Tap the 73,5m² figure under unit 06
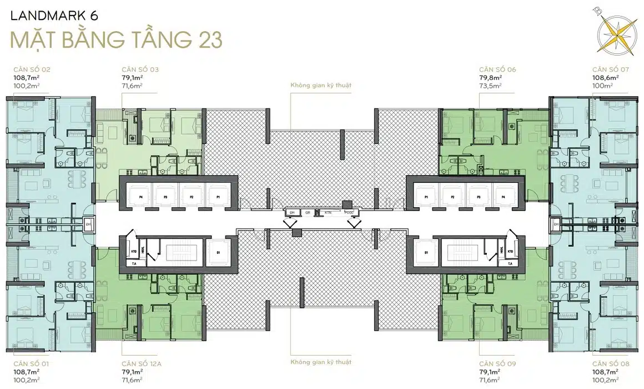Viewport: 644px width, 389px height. point(490,86)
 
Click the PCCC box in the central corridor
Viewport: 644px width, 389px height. point(349,212)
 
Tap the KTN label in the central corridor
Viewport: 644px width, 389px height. point(328,212)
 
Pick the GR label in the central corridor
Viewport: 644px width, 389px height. point(307,212)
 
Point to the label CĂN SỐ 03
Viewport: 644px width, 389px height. point(140,69)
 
